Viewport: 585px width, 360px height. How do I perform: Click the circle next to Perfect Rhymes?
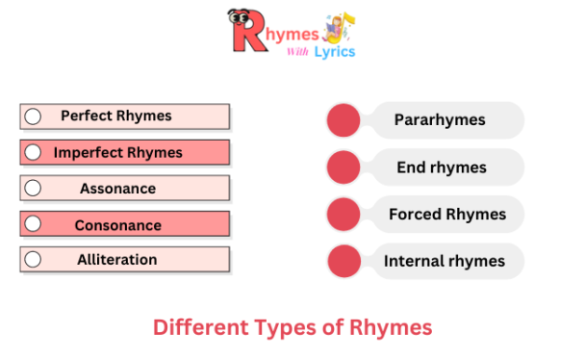[33, 116]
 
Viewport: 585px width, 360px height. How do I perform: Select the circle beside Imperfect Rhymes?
[33, 152]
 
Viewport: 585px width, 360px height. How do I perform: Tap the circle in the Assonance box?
[33, 189]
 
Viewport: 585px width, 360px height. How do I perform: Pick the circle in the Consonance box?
[33, 224]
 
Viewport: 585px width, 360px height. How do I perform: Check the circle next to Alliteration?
[33, 260]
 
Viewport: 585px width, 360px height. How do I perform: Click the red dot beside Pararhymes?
[343, 120]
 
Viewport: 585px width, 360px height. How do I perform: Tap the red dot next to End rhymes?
[343, 167]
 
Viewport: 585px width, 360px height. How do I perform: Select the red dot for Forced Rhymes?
[343, 214]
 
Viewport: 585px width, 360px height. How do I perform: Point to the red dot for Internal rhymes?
[343, 261]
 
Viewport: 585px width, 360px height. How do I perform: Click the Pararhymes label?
[440, 120]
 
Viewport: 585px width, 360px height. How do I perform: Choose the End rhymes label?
[442, 167]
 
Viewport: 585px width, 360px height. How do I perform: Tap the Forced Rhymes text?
[447, 214]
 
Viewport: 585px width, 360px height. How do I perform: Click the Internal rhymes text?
[445, 261]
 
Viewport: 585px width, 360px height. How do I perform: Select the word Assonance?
[117, 189]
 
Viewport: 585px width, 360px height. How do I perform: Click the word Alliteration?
[117, 260]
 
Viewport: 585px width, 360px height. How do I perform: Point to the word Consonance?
[117, 225]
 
